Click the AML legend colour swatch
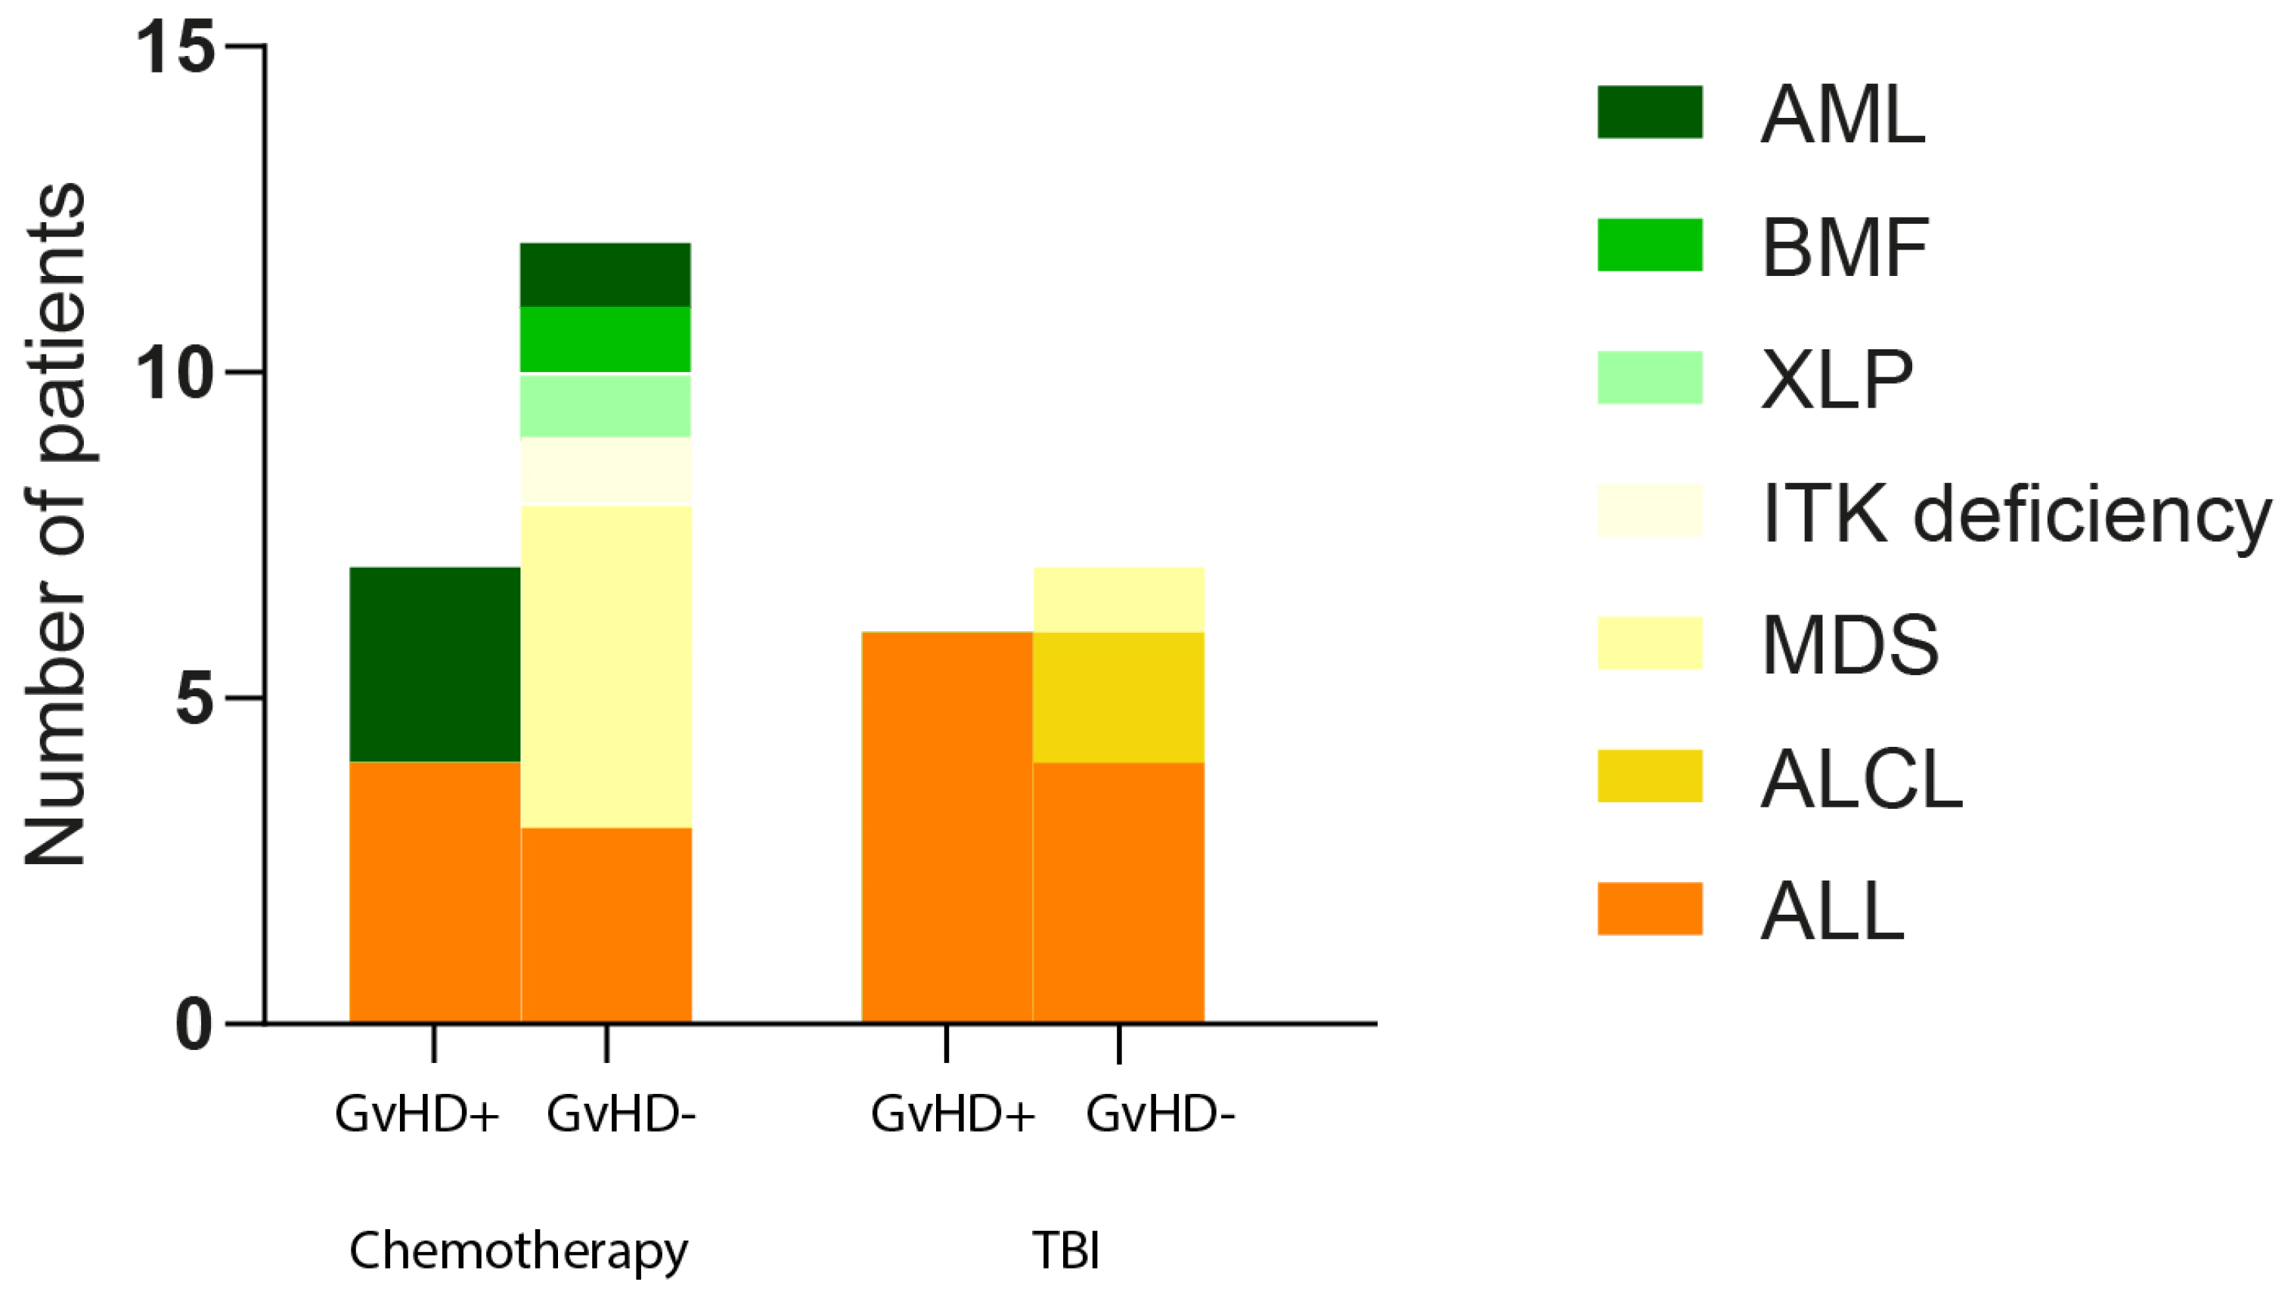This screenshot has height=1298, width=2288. click(x=1650, y=113)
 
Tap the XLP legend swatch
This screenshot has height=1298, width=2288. click(x=1650, y=377)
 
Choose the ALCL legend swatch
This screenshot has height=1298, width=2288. click(x=1650, y=776)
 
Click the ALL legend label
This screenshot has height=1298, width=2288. click(x=1832, y=911)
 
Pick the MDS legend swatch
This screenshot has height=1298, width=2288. click(x=1650, y=643)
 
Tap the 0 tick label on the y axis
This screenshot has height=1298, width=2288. click(x=195, y=1025)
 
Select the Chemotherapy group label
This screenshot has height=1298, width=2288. click(x=518, y=1250)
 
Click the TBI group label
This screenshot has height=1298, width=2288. click(x=1065, y=1250)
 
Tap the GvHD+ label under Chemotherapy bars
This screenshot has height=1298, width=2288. click(x=417, y=1114)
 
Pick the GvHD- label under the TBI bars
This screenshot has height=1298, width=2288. click(x=1160, y=1114)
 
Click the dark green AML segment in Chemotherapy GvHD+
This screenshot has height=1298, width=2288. click(x=434, y=664)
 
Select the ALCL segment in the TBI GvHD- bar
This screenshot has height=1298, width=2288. click(x=1118, y=697)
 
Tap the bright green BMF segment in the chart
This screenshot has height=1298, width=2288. click(x=606, y=339)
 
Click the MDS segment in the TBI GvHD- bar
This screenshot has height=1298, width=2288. click(x=1118, y=599)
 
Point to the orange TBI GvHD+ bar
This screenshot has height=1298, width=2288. click(x=946, y=826)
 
